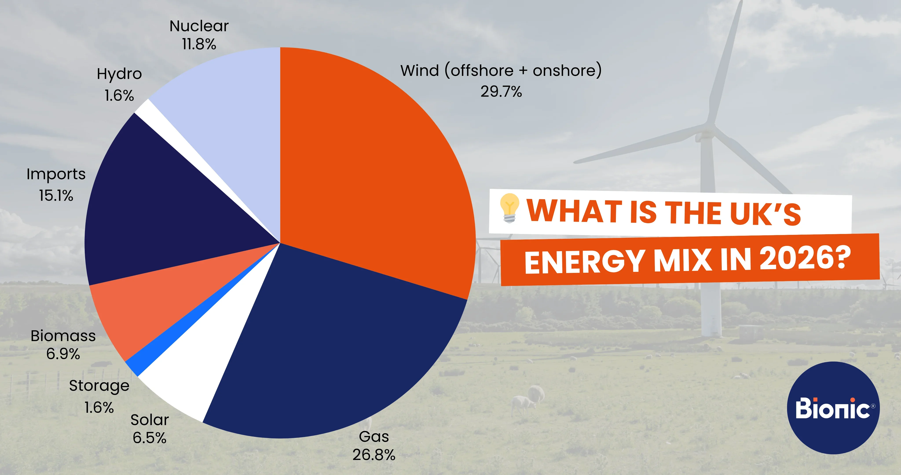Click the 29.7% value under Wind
[501, 92]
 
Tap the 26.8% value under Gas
[374, 455]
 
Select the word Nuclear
[199, 26]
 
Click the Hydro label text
[119, 74]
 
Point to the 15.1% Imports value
[56, 195]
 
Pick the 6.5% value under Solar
[149, 438]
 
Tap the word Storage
[99, 386]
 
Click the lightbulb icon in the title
[509, 208]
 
